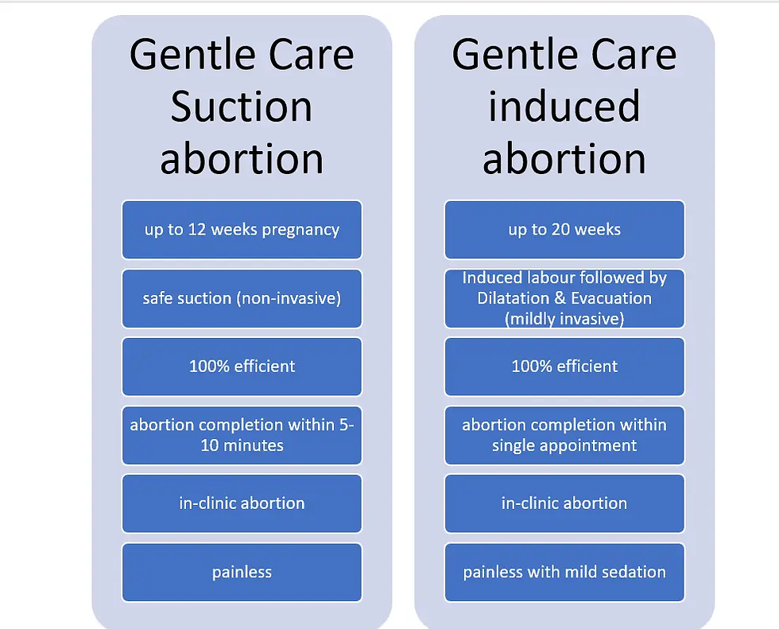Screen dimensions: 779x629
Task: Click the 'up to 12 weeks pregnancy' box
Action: pyautogui.click(x=242, y=230)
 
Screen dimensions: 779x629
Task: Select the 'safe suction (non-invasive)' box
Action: pyautogui.click(x=242, y=298)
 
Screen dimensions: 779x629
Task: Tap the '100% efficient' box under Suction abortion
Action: pyautogui.click(x=242, y=367)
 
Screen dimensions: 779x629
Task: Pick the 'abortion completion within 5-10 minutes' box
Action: pyautogui.click(x=242, y=435)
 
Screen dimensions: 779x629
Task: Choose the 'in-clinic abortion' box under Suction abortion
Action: pyautogui.click(x=242, y=503)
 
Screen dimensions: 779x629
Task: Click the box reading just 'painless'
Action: pyautogui.click(x=242, y=572)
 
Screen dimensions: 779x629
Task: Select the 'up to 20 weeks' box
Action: pyautogui.click(x=564, y=230)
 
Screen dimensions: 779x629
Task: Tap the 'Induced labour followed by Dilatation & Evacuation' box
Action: pyautogui.click(x=564, y=298)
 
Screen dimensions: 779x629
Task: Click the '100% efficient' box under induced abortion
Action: pyautogui.click(x=564, y=367)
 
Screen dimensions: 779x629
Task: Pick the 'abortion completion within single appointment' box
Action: pyautogui.click(x=564, y=435)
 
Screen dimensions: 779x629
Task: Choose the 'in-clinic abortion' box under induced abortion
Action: pyautogui.click(x=564, y=503)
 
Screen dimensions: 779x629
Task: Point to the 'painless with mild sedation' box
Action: pyautogui.click(x=564, y=572)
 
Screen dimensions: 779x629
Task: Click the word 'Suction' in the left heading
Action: pyautogui.click(x=242, y=107)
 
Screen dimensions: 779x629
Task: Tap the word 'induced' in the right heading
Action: pyautogui.click(x=564, y=107)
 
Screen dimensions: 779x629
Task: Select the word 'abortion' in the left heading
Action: pyautogui.click(x=242, y=158)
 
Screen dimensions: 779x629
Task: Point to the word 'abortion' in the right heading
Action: pyautogui.click(x=564, y=158)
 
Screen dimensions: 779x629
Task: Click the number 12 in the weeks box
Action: pyautogui.click(x=197, y=230)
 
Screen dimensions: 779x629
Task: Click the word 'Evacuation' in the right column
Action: pyautogui.click(x=610, y=298)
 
